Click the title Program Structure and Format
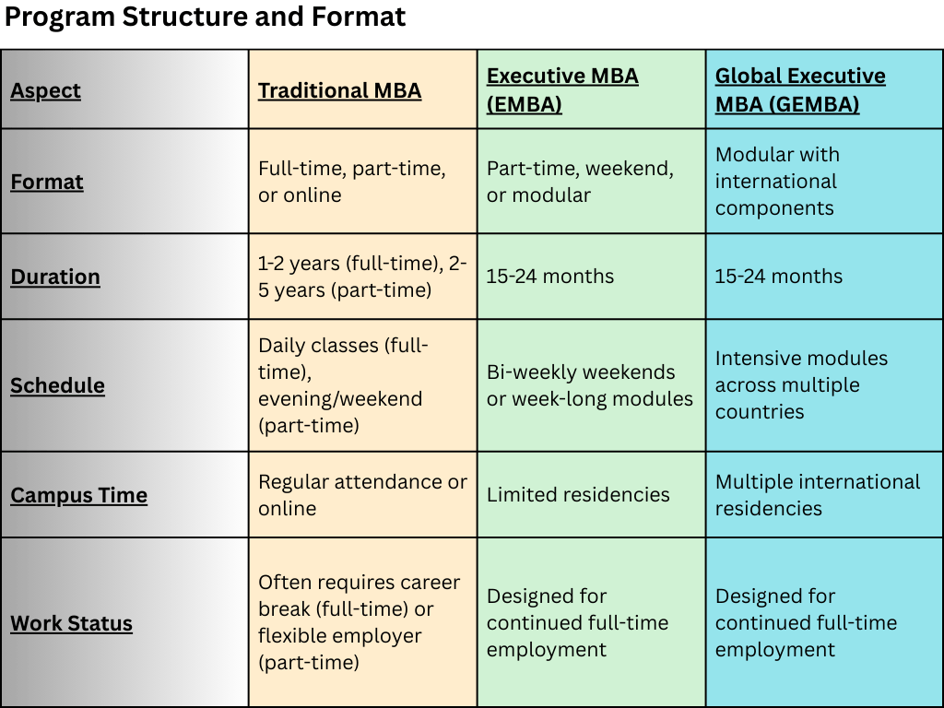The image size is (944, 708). [x=205, y=17]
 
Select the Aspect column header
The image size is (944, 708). [x=45, y=90]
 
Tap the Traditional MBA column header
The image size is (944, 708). [x=339, y=90]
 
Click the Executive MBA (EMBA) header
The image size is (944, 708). [x=562, y=89]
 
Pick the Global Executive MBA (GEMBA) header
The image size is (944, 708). [x=800, y=89]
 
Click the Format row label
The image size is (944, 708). [x=47, y=182]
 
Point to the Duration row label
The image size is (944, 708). [x=55, y=277]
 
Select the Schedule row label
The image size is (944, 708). [x=57, y=385]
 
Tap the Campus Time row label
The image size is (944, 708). [x=79, y=495]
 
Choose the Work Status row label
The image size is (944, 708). [x=71, y=623]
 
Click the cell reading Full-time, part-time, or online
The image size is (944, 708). [x=352, y=182]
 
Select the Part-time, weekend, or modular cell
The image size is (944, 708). [x=580, y=182]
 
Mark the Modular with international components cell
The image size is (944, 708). [x=777, y=182]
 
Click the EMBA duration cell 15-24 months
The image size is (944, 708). [x=550, y=277]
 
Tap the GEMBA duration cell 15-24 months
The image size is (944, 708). [x=779, y=277]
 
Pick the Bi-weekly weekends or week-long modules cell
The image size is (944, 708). [x=590, y=385]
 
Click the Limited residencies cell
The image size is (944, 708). [x=578, y=495]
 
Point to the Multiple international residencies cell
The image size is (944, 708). [x=818, y=495]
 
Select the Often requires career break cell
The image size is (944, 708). [x=360, y=622]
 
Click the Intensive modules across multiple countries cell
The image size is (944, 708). [x=801, y=385]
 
